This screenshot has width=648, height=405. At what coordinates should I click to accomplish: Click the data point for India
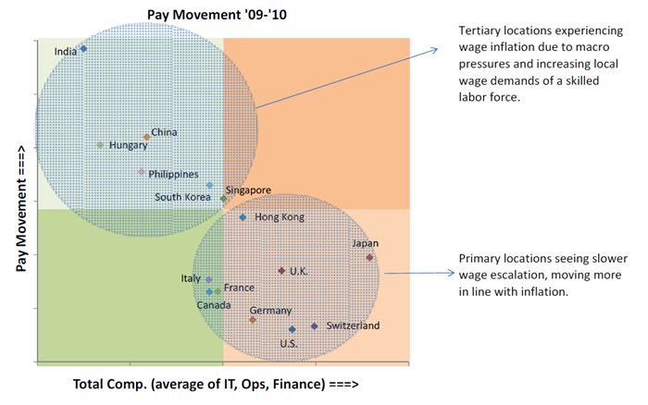(x=83, y=49)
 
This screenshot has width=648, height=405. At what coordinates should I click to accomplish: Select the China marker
(x=146, y=137)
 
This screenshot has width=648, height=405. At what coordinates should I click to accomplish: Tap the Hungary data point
(x=100, y=145)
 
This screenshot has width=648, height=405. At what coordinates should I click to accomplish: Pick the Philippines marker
(x=142, y=172)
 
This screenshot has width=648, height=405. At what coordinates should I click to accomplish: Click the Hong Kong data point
(x=243, y=217)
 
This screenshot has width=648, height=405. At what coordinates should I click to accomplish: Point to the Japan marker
(x=369, y=258)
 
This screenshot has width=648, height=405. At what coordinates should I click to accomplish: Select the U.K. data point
(x=281, y=271)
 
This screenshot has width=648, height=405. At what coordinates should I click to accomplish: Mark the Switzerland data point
(x=315, y=326)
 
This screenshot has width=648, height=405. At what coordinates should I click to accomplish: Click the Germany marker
(x=253, y=320)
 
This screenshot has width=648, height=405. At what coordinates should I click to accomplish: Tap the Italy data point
(x=208, y=280)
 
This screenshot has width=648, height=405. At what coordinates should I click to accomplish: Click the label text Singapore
(x=248, y=190)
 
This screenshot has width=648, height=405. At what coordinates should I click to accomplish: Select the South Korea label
(x=182, y=197)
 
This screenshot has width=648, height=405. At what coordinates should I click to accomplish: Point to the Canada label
(x=214, y=305)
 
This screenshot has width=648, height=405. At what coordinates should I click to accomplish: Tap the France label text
(x=239, y=288)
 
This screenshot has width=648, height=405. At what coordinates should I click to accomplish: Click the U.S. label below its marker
(x=289, y=343)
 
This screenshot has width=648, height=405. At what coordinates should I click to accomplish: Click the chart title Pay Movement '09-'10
(x=217, y=15)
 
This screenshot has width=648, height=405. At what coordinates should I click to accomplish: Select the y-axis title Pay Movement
(x=20, y=208)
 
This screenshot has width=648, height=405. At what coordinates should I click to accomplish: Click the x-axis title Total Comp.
(x=216, y=385)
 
